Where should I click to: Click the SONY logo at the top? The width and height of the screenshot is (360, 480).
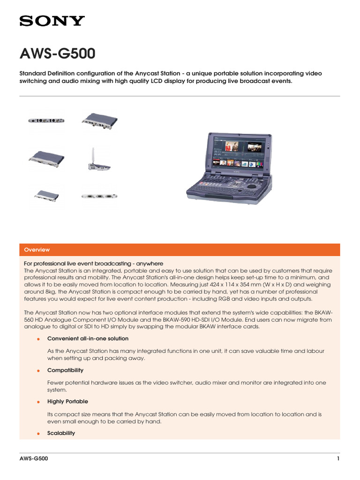pyautogui.click(x=52, y=21)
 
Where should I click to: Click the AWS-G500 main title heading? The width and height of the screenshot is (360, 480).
pyautogui.click(x=57, y=54)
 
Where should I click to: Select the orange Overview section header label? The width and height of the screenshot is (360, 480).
pyautogui.click(x=37, y=250)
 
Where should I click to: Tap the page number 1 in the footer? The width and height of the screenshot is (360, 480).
pyautogui.click(x=338, y=459)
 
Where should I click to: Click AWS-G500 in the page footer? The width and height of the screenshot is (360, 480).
pyautogui.click(x=33, y=459)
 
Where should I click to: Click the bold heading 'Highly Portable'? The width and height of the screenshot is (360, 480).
pyautogui.click(x=67, y=402)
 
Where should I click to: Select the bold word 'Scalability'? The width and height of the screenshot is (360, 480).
pyautogui.click(x=61, y=433)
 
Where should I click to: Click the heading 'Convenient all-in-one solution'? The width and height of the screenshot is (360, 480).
pyautogui.click(x=88, y=338)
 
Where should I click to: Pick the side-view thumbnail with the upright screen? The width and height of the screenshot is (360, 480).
pyautogui.click(x=97, y=159)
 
